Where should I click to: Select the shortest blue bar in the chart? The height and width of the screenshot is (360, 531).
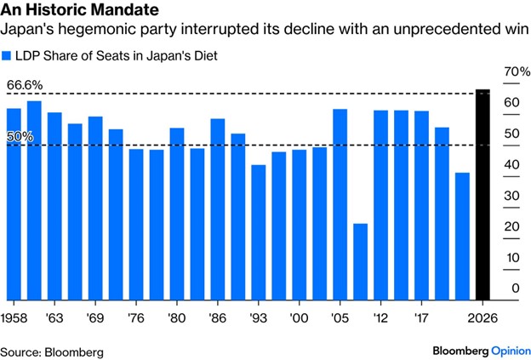[360, 261]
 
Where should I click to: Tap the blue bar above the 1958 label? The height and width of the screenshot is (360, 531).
[14, 203]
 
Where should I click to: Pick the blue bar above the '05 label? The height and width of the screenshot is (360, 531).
[340, 204]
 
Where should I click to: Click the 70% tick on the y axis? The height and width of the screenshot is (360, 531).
[510, 72]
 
